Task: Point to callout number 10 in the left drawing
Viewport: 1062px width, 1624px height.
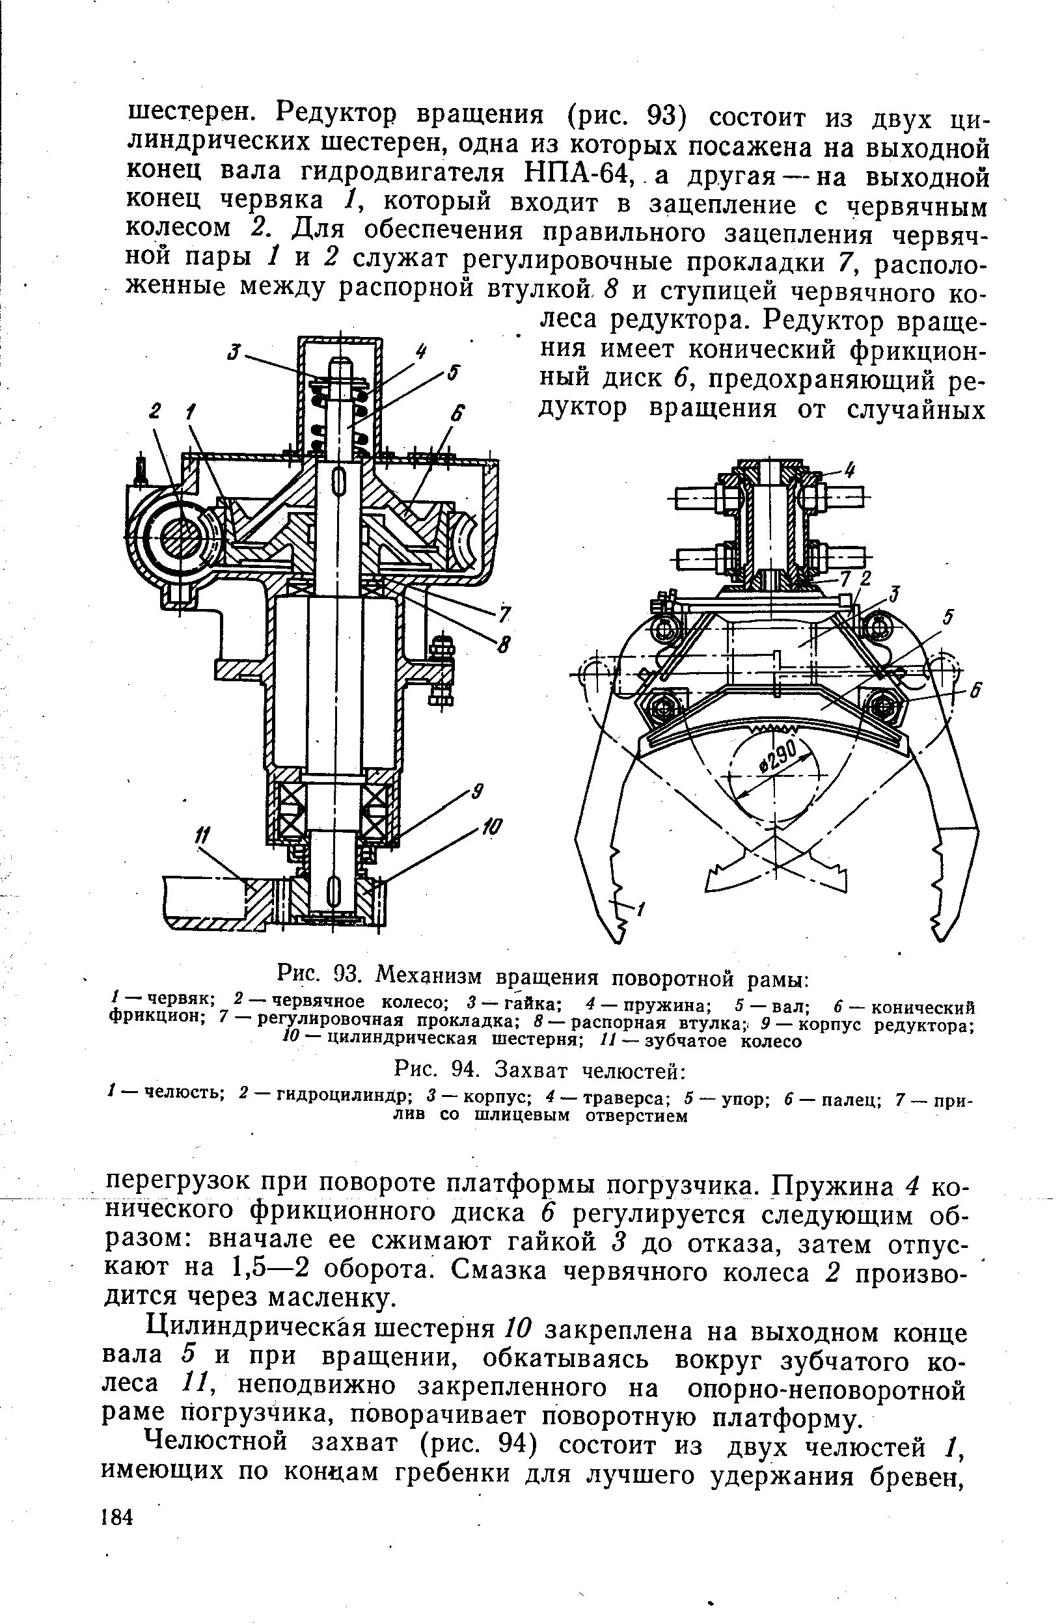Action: [x=491, y=828]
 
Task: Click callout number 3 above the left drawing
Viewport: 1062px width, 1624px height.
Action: [x=235, y=352]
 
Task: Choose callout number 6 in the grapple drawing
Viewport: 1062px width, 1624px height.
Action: [x=975, y=690]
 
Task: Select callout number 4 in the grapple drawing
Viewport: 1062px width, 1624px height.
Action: [x=850, y=470]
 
